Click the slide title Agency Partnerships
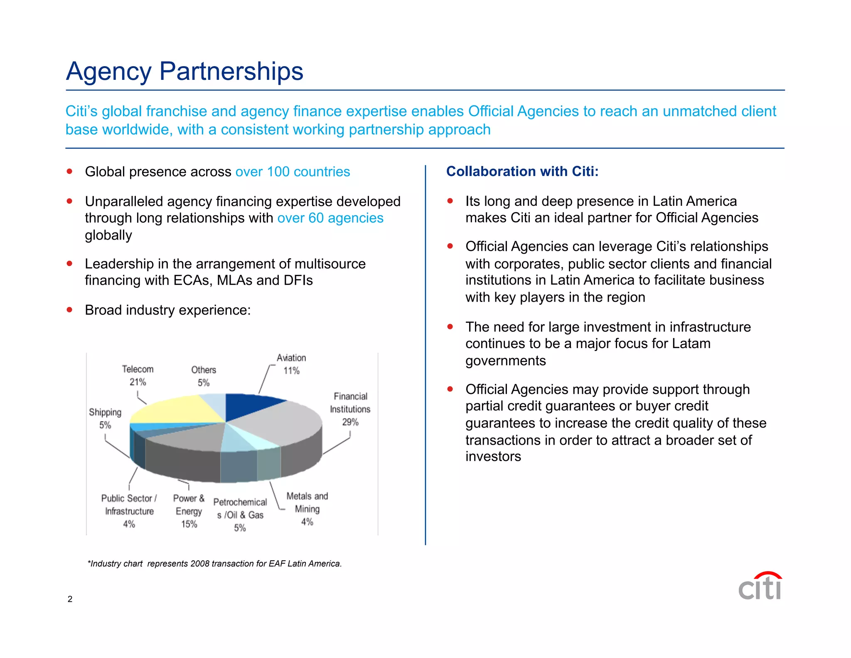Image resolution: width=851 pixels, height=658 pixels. tap(184, 71)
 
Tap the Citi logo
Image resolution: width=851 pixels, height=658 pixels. tap(760, 586)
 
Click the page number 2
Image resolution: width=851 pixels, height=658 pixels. tap(70, 599)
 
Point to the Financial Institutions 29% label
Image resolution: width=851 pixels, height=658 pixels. tap(350, 409)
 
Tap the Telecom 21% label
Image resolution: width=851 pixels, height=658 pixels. tap(138, 376)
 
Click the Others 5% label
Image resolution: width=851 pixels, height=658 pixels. tap(204, 376)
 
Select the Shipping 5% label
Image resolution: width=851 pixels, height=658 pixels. tap(105, 418)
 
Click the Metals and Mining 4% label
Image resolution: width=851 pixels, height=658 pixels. tap(307, 509)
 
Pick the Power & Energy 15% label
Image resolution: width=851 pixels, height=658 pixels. tap(189, 511)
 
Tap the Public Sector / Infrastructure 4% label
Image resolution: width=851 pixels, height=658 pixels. tap(129, 511)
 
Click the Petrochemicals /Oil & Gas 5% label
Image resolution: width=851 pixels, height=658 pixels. tap(240, 515)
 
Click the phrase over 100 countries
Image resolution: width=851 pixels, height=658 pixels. tap(293, 172)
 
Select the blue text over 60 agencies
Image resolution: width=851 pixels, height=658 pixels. tap(330, 218)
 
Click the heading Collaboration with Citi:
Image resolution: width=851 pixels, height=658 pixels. tap(522, 171)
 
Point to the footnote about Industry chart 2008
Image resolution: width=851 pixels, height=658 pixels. tap(214, 564)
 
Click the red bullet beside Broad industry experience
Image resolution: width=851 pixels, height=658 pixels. tap(69, 310)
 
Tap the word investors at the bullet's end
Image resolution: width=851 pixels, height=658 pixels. tap(493, 457)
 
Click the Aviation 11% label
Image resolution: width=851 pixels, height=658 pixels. tap(291, 364)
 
